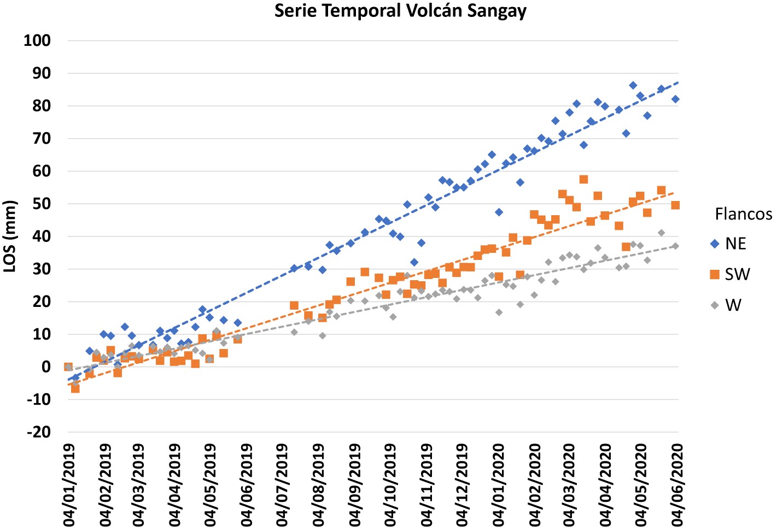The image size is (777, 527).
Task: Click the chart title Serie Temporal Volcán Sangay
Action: (400, 11)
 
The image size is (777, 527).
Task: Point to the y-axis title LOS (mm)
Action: (10, 236)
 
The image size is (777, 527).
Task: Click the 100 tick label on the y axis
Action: (37, 40)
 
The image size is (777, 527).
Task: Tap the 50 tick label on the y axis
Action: (41, 204)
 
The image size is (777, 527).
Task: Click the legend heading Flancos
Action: (743, 214)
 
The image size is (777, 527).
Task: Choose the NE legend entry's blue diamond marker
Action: (714, 244)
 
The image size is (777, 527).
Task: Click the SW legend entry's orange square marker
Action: (714, 274)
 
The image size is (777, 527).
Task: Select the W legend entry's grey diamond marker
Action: (714, 305)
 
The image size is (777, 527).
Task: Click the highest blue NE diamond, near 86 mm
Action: (633, 85)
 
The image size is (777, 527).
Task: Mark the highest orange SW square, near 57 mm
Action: (583, 180)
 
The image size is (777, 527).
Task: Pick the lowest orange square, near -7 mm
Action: (75, 389)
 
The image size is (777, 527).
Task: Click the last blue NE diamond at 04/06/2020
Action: (675, 99)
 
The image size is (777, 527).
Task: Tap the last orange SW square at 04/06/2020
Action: (675, 205)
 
